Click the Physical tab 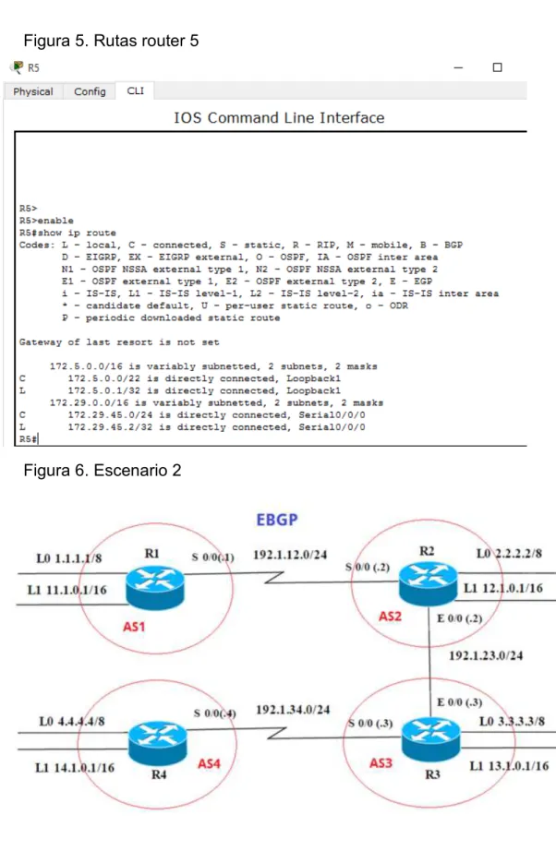[33, 91]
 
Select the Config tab [90, 91]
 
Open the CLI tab [135, 90]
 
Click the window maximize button [497, 67]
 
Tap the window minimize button [458, 67]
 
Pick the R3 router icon [430, 738]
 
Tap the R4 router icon [158, 743]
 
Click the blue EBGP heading [277, 520]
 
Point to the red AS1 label [134, 627]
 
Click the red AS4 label [209, 763]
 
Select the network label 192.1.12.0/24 [290, 555]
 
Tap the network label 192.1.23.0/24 [486, 655]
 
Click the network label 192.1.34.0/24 [293, 710]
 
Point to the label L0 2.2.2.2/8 [509, 553]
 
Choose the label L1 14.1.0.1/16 [75, 767]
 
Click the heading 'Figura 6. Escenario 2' [102, 470]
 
